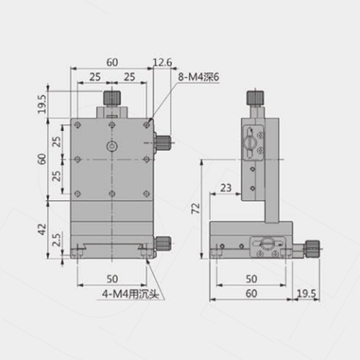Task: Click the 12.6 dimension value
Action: [x=163, y=63]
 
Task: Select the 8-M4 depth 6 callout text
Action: [x=199, y=77]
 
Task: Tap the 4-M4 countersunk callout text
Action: [x=130, y=294]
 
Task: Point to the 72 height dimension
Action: [x=196, y=208]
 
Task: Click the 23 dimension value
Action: [x=226, y=188]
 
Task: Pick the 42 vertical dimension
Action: [x=42, y=229]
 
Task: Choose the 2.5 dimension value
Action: [x=57, y=240]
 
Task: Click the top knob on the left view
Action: [x=112, y=98]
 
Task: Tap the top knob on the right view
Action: [x=256, y=98]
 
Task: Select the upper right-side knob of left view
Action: [x=163, y=143]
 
